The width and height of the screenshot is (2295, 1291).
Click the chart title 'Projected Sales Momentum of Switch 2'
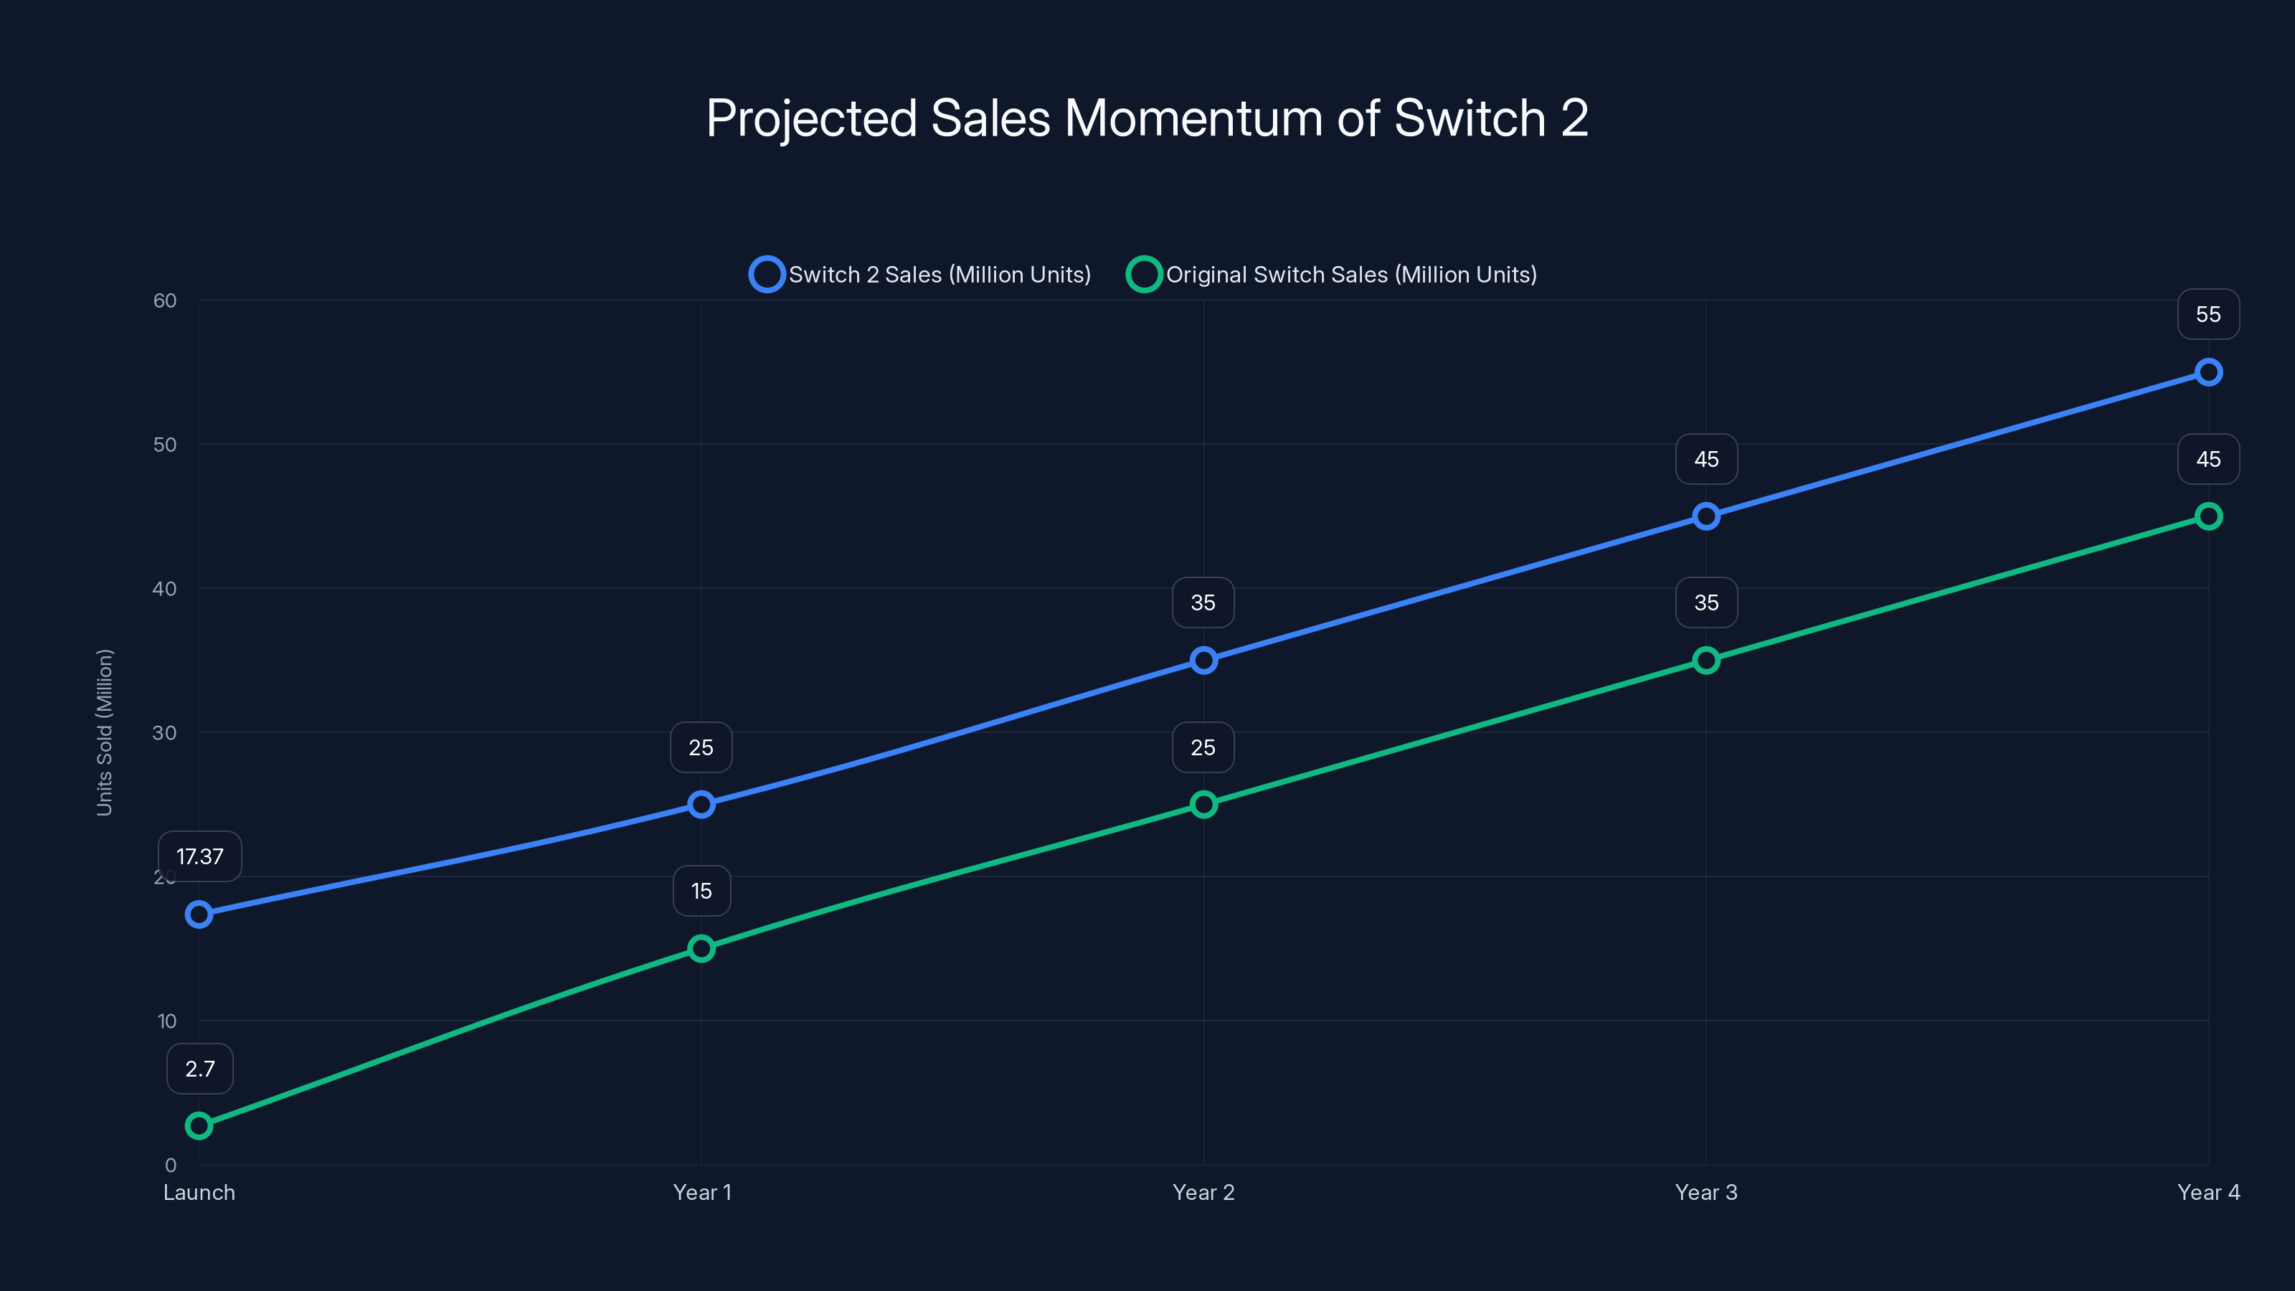coord(1147,118)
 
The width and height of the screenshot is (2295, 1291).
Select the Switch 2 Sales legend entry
coord(920,275)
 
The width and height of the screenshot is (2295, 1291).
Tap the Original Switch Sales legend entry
coord(1332,275)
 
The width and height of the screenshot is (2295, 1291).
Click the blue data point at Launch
coord(199,914)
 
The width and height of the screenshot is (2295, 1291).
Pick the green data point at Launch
coord(199,1125)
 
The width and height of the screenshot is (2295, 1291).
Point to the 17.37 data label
coord(199,856)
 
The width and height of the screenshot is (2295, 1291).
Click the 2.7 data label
coord(199,1068)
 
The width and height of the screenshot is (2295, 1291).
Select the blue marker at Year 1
coord(701,805)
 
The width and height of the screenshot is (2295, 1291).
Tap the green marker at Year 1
coord(701,948)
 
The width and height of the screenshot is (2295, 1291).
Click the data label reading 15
coord(701,890)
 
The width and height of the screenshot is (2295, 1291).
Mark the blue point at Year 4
coord(2208,372)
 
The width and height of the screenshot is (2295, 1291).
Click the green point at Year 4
coord(2208,516)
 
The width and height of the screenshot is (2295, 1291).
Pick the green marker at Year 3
coord(1706,660)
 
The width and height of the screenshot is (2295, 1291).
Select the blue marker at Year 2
coord(1203,660)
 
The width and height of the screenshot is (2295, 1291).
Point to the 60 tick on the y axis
coord(165,301)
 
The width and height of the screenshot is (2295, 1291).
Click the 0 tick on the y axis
coord(170,1165)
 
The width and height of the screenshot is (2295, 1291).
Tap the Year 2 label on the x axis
coord(1203,1192)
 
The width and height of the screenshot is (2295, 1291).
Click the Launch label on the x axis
coord(199,1192)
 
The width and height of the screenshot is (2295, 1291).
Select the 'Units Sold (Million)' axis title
coord(104,732)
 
